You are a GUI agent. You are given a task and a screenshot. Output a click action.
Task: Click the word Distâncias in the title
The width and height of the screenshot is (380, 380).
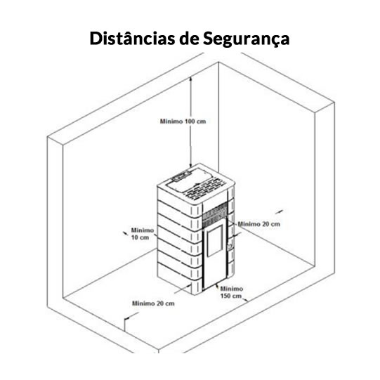132,39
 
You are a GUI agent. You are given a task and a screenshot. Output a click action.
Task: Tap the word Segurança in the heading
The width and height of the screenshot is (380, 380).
247,39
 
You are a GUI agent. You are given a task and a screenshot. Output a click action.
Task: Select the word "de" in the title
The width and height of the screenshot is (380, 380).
188,39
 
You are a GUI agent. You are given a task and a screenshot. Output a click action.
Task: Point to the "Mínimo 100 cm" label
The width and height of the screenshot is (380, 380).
183,122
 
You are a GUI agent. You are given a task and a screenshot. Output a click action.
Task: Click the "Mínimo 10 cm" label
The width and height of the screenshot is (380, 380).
143,234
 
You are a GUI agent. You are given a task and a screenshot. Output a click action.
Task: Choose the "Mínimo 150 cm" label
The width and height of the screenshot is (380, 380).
231,292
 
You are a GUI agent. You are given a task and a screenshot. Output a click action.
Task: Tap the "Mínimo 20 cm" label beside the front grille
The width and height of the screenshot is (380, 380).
258,224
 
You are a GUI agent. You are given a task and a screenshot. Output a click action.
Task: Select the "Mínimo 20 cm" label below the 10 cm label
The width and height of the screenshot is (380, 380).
153,303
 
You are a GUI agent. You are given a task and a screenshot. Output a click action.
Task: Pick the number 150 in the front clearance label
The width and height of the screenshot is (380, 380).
225,296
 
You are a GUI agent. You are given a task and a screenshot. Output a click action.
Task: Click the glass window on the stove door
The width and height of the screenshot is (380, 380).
215,241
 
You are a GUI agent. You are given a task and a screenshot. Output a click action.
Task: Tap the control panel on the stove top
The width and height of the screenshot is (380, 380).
181,175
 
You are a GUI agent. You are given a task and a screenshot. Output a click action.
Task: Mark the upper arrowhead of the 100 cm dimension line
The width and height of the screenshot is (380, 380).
191,79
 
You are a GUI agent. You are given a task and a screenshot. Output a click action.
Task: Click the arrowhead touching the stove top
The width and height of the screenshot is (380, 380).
191,165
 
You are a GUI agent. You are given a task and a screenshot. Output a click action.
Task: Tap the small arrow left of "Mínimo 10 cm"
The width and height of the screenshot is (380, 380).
126,233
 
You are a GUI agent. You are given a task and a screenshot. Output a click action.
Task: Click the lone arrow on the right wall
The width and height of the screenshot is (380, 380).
279,212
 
